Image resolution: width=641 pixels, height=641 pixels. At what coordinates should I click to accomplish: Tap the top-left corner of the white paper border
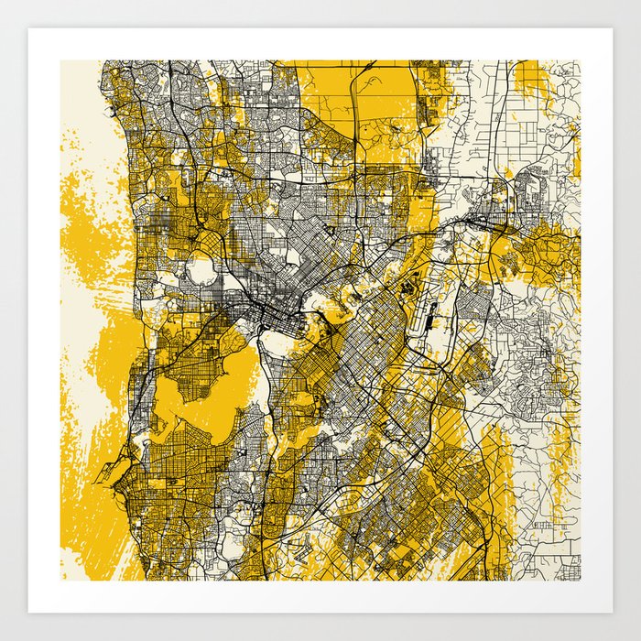tap(30, 30)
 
